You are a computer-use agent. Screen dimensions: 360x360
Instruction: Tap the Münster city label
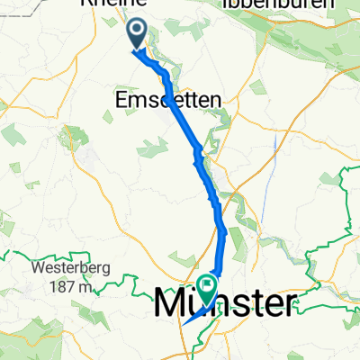point(224,302)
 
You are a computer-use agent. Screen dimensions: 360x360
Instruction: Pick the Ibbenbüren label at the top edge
point(269,5)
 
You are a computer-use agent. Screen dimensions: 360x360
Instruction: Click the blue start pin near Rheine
point(137,34)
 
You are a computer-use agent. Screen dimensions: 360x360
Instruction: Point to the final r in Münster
point(287,303)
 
